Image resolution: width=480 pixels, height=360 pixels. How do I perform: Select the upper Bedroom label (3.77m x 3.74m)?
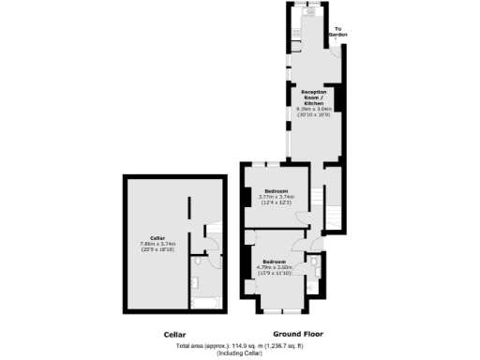coord(276,190)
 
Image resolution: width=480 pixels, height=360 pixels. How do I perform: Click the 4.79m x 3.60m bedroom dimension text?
coord(276,266)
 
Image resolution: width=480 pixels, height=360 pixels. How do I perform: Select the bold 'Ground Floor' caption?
coord(297,335)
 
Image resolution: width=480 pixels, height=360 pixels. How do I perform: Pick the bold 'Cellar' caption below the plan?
coord(174,335)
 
